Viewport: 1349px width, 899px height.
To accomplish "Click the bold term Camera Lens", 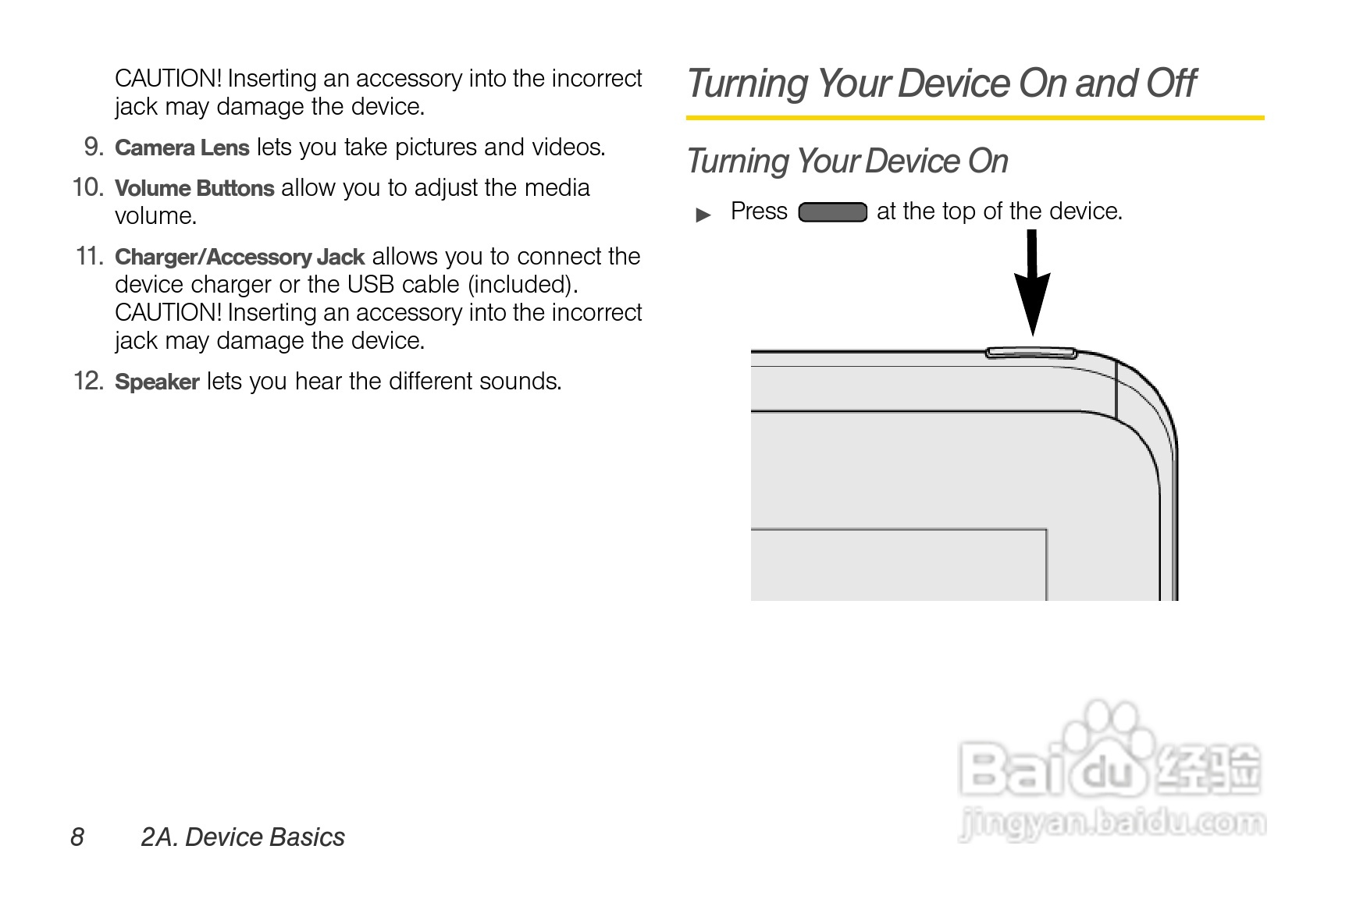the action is coord(182,147).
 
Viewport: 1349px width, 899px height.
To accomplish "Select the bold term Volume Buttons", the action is coord(194,188).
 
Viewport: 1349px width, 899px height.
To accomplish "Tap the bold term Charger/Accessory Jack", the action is coord(240,257).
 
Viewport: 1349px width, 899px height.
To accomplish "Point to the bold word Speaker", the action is coord(157,382).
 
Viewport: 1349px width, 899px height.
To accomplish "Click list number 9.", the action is coord(94,147).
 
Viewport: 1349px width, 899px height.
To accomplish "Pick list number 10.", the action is coord(88,187).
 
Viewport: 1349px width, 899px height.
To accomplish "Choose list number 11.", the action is coord(90,256).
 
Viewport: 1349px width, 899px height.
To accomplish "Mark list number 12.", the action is coord(88,381).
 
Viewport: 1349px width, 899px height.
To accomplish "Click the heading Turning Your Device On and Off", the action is coord(941,84).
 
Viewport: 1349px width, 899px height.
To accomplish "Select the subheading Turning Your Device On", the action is coord(847,162).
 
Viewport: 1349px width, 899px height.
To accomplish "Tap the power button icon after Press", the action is coord(832,212).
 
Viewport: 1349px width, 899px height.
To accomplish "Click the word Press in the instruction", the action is coord(759,211).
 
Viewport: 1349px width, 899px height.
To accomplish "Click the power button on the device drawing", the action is coord(1031,353).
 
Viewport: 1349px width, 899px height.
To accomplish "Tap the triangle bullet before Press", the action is coord(703,215).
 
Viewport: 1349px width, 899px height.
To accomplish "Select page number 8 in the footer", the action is coord(77,837).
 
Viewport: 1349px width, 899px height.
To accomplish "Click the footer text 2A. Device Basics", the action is coord(243,837).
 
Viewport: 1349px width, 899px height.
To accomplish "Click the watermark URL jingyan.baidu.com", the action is coord(1112,824).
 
